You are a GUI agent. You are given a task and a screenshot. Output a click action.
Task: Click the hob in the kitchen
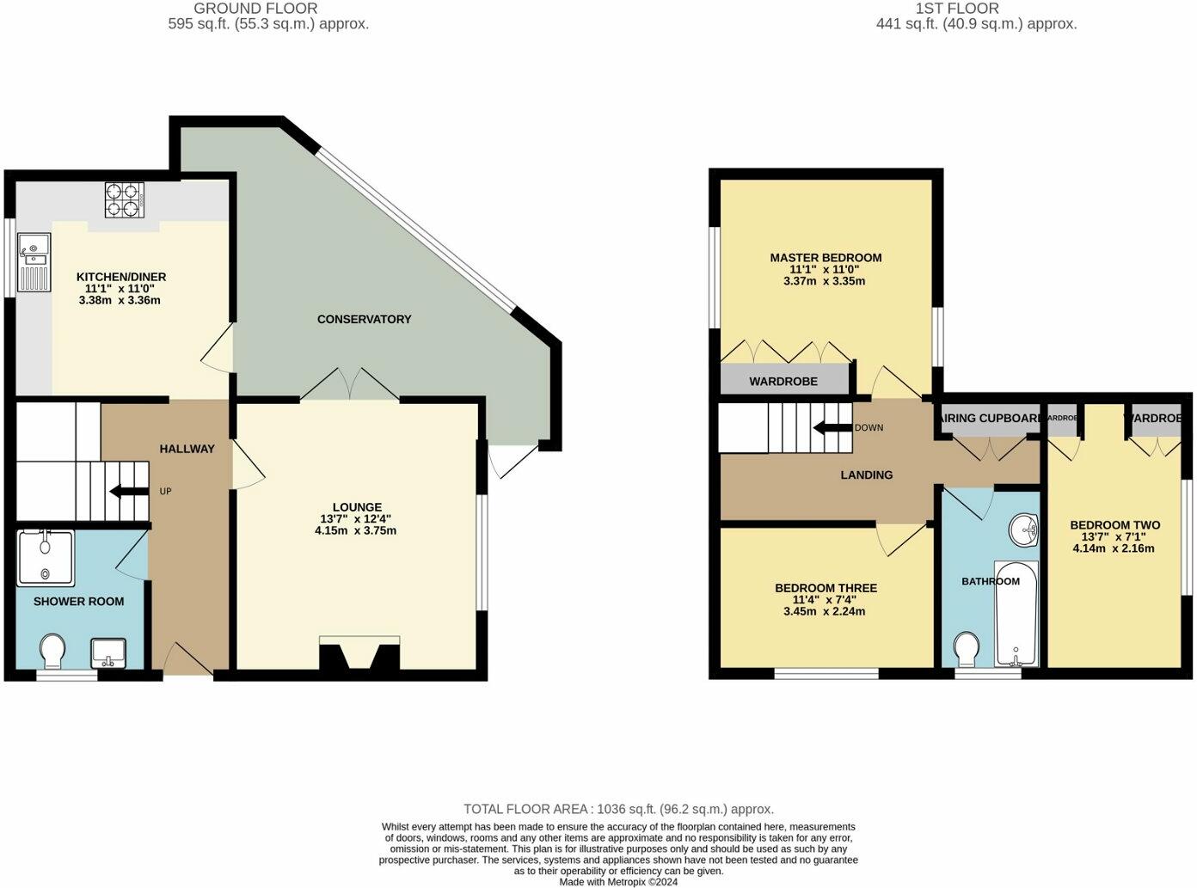click(123, 199)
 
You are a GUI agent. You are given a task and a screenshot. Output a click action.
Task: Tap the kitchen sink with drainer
click(34, 263)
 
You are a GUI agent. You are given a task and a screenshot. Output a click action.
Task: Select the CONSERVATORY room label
click(364, 319)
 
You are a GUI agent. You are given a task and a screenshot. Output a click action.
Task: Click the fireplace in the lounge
click(359, 655)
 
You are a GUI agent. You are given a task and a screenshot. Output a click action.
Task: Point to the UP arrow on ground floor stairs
click(128, 492)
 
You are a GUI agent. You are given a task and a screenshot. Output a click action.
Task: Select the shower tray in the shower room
click(45, 558)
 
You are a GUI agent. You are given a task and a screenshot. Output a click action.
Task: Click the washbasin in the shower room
click(108, 653)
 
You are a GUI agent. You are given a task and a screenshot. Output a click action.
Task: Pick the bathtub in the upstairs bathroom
click(1016, 614)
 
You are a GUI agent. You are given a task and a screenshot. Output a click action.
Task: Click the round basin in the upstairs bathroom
click(1022, 530)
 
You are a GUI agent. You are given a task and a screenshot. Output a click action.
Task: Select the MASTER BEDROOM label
click(826, 258)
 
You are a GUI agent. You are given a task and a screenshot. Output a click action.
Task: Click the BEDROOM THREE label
click(826, 588)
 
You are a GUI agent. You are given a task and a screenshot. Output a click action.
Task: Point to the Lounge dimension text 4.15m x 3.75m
click(355, 530)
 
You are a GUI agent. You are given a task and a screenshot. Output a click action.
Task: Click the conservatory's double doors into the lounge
click(349, 385)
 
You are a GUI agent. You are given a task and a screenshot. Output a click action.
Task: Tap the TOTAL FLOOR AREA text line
click(618, 809)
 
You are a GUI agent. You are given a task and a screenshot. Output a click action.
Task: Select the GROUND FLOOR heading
click(255, 9)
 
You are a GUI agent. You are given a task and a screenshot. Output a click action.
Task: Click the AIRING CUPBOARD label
click(991, 418)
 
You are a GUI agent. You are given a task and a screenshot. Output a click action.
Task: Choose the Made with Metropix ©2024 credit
click(618, 882)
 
